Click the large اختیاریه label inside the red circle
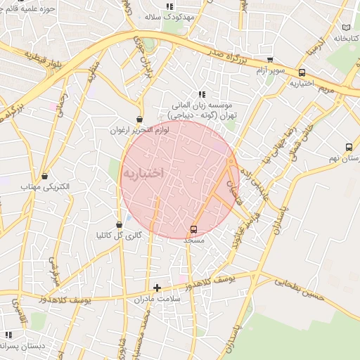tap(143, 172)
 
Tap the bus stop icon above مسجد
tap(193, 230)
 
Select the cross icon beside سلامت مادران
tap(157, 288)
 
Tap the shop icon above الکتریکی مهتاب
tap(46, 176)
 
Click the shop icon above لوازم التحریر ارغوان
tap(139, 120)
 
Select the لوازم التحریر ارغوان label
tap(138, 130)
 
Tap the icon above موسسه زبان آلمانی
tap(202, 94)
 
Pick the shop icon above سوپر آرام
tap(270, 60)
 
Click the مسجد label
tap(193, 240)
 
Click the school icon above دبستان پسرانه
tap(8, 335)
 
